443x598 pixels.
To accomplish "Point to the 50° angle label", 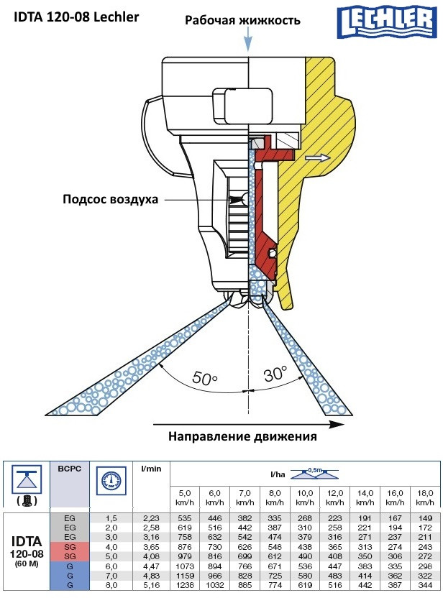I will (x=206, y=377).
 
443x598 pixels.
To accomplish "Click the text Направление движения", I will (x=242, y=436).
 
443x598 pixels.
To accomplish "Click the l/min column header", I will (x=152, y=469).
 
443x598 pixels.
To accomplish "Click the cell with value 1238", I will (x=184, y=586).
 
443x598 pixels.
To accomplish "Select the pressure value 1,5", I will (x=111, y=518).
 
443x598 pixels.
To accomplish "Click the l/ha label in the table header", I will (x=276, y=475).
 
